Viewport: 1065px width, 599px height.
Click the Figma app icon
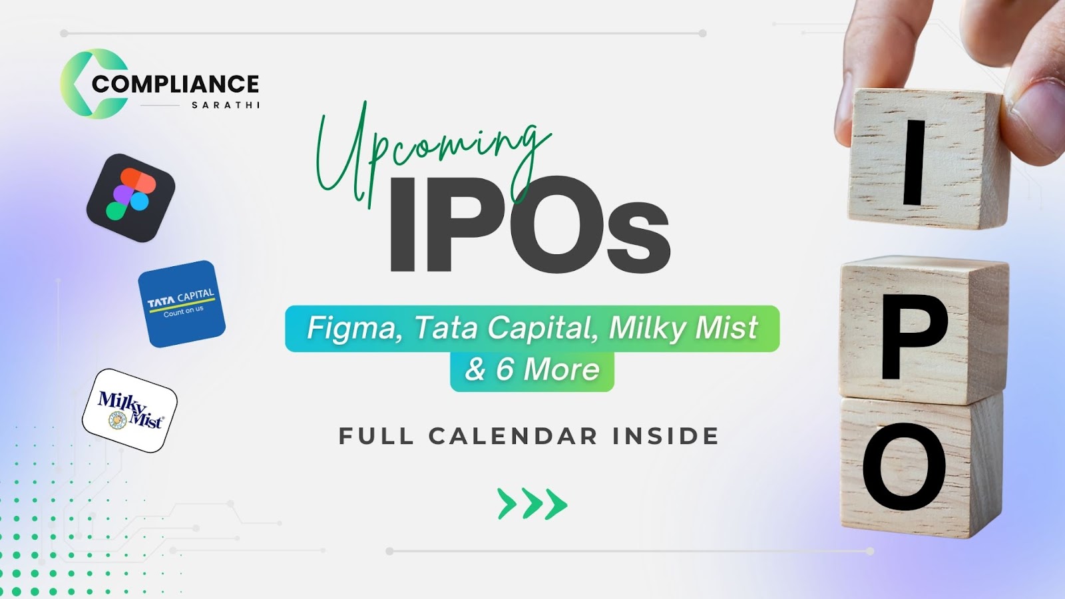click(x=130, y=198)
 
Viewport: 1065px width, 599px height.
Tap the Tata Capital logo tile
click(x=182, y=303)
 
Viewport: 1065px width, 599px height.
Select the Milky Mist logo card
click(x=129, y=410)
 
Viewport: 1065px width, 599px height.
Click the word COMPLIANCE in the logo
click(x=175, y=84)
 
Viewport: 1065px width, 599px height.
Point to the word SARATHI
click(x=226, y=105)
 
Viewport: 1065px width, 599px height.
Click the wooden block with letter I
click(x=927, y=159)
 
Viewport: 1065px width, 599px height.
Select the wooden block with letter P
click(x=923, y=330)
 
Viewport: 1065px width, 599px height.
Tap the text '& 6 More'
click(x=532, y=369)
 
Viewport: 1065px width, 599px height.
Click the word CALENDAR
click(x=513, y=437)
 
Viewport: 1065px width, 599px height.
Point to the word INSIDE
click(x=665, y=437)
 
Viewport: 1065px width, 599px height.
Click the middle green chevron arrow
click(x=532, y=503)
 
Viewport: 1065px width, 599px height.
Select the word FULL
click(x=376, y=437)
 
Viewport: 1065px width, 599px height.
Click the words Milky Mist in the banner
click(x=683, y=329)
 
